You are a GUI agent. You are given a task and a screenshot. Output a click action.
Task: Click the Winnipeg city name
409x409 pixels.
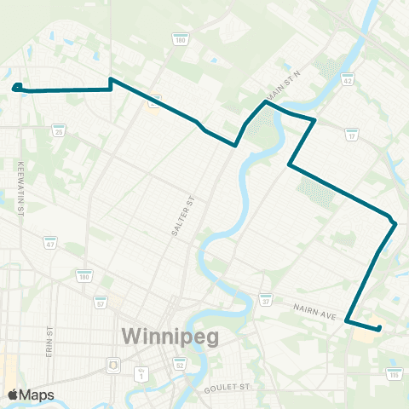(170, 336)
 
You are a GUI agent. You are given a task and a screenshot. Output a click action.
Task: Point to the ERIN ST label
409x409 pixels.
(50, 341)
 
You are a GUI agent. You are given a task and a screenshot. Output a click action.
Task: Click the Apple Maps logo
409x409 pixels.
(31, 395)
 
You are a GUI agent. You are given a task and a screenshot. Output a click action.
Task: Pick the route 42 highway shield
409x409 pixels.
(347, 80)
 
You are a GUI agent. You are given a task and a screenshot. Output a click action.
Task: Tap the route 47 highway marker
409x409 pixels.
(50, 245)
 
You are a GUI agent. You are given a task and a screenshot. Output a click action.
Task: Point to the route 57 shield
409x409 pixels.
(101, 302)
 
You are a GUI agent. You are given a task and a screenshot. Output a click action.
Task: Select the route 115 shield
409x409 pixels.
(394, 373)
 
